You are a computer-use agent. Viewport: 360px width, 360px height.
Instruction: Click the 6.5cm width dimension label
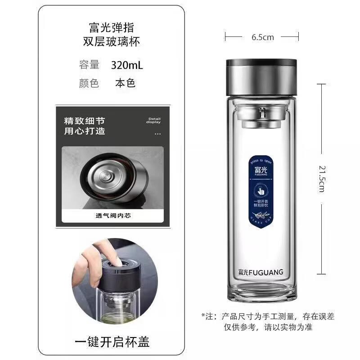[262, 37]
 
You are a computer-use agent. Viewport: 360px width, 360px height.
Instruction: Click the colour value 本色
[125, 83]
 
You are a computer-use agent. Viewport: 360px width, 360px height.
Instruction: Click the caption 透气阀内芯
[116, 216]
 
